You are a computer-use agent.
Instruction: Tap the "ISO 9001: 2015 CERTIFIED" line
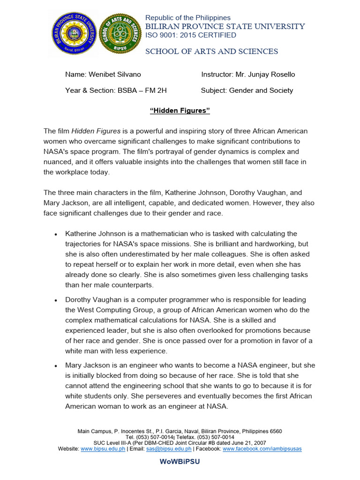coord(190,35)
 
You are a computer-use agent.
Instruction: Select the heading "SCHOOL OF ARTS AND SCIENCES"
coord(211,51)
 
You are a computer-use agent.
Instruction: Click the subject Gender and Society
coord(261,90)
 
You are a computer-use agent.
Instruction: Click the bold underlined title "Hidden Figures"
coord(180,110)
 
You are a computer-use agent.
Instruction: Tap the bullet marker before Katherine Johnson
coord(56,234)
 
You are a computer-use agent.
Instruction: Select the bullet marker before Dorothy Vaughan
coord(56,300)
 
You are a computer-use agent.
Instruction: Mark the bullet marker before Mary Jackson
coord(56,366)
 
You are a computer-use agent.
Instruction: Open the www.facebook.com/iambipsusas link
coord(262,449)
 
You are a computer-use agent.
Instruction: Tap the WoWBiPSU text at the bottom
coord(180,461)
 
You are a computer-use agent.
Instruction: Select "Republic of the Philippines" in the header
coord(188,18)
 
